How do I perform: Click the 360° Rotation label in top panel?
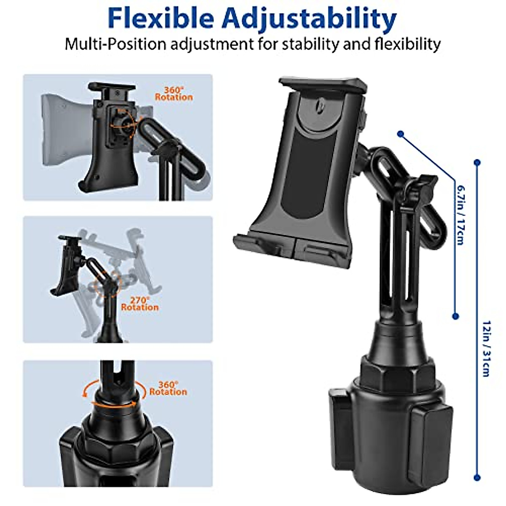pyautogui.click(x=173, y=94)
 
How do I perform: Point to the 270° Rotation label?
pyautogui.click(x=140, y=304)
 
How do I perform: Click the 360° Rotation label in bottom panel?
pyautogui.click(x=168, y=388)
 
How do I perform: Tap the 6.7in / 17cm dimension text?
pyautogui.click(x=460, y=213)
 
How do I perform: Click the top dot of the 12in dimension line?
pyautogui.click(x=477, y=162)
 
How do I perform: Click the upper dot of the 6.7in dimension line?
pyautogui.click(x=401, y=134)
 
